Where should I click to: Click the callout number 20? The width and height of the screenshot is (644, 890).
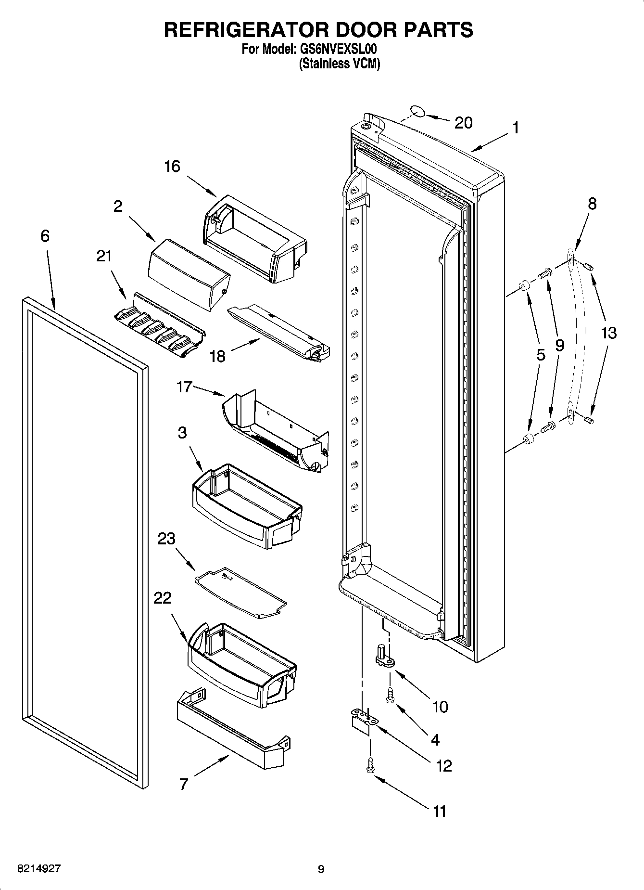point(463,123)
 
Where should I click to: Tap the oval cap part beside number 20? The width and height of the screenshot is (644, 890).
point(417,113)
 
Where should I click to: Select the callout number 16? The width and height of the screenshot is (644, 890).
point(172,167)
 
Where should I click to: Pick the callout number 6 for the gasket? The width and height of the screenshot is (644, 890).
point(45,236)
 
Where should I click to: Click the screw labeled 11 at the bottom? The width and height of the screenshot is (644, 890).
point(370,764)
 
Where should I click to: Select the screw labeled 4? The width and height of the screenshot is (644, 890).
point(390,695)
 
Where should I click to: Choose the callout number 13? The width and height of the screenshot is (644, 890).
point(608,333)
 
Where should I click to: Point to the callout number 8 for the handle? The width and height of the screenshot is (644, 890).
point(592,204)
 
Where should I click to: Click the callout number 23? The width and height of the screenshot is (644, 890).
point(166,539)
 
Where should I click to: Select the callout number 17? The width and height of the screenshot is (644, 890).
point(184,387)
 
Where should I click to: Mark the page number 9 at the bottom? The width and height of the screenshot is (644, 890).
point(321,869)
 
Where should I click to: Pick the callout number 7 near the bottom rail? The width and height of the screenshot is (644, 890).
point(183,784)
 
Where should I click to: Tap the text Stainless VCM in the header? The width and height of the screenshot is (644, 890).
point(340,64)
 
